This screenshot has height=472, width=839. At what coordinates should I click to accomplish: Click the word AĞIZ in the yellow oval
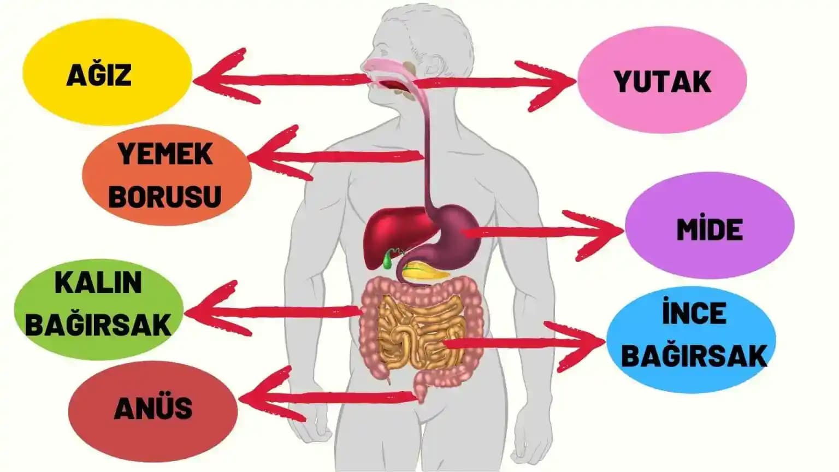[99, 75]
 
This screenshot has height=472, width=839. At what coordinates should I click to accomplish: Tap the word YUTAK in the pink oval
[662, 82]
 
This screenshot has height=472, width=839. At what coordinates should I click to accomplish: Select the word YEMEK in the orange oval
[166, 154]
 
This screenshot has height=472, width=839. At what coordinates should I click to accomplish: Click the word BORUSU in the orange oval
[165, 197]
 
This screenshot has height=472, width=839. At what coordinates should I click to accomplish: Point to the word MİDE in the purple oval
[710, 229]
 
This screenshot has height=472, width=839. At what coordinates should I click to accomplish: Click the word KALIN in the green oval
[98, 282]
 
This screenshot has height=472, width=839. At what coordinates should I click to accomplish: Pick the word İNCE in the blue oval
[694, 314]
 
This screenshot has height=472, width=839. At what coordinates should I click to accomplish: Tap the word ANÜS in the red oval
[153, 408]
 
